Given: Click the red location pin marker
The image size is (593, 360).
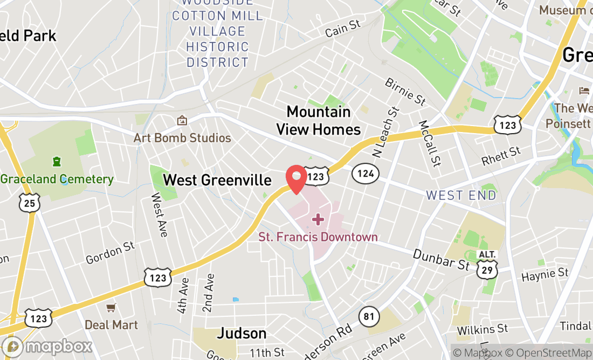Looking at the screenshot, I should [296, 178].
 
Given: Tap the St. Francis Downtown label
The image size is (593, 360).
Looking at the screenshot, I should [318, 237].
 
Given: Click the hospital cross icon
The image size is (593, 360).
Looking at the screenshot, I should [318, 219].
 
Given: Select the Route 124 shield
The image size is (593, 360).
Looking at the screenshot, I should [366, 174].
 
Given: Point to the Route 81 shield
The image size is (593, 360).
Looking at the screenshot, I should [369, 316].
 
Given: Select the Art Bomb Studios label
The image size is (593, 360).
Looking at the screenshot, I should [182, 138].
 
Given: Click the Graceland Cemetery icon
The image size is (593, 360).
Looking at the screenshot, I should [56, 161].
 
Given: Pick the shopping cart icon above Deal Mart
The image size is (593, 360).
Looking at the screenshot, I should [111, 308].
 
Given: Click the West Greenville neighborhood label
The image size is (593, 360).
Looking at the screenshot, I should [217, 180].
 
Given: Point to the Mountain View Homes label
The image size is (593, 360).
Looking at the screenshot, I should [319, 120].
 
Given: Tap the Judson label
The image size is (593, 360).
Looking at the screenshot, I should [242, 334].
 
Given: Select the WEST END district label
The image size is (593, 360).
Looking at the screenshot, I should [461, 195].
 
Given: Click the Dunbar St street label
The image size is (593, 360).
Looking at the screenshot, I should [441, 259].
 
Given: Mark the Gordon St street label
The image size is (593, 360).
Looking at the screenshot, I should [110, 253].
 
